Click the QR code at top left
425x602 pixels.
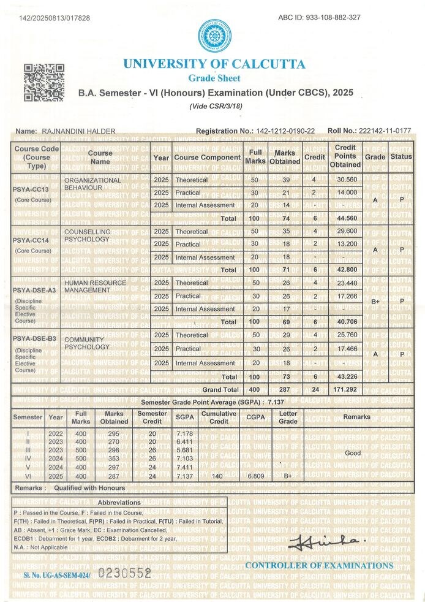click(x=44, y=82)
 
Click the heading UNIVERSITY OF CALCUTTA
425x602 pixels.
click(x=214, y=64)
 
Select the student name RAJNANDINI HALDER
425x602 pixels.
click(x=78, y=131)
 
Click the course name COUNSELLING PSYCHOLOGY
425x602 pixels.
click(x=88, y=236)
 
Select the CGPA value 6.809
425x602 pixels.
click(x=255, y=476)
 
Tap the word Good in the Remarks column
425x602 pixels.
click(x=353, y=453)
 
